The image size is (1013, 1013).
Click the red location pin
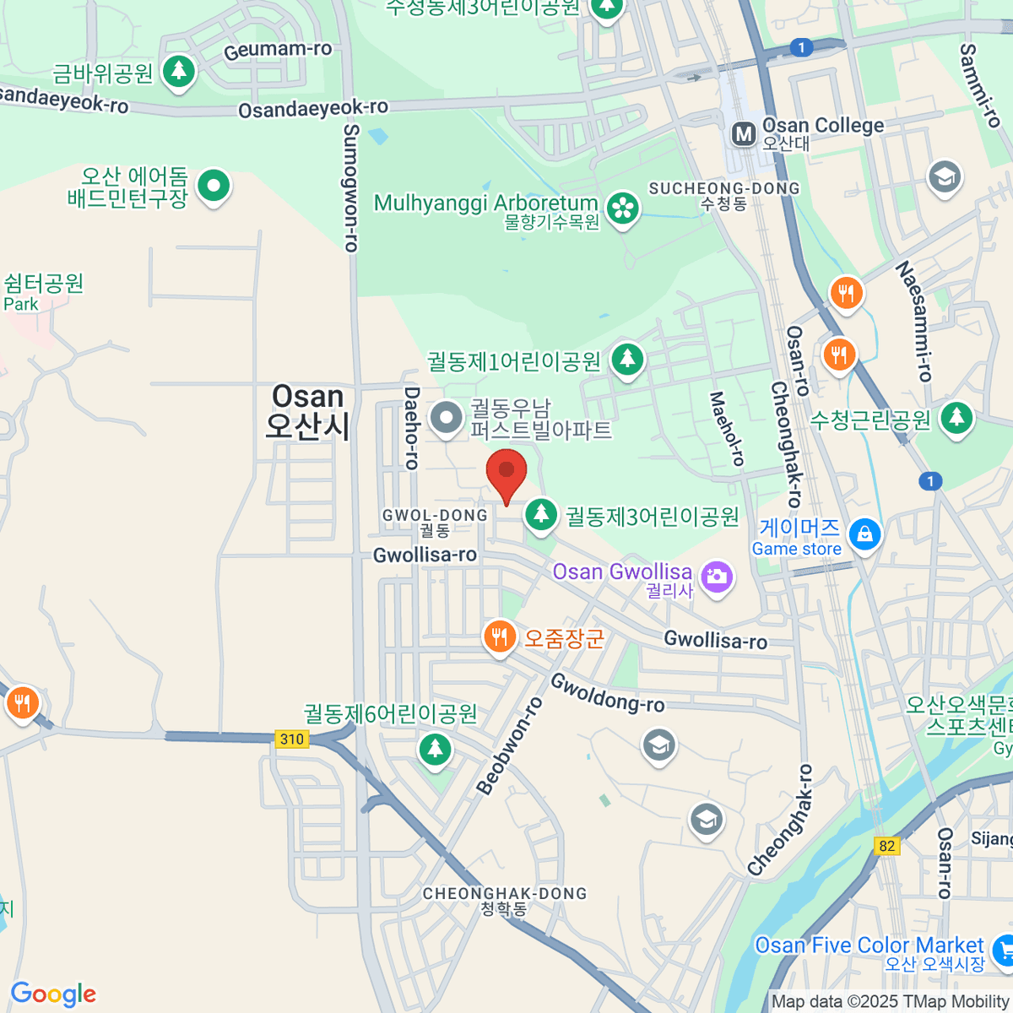506,471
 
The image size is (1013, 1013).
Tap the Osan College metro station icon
744,133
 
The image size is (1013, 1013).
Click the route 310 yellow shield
292,739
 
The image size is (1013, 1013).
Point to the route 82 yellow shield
886,846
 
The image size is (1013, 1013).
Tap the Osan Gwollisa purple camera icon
717,578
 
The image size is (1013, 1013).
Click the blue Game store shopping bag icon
864,534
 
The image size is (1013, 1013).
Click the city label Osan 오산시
307,411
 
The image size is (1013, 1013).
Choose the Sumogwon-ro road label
352,187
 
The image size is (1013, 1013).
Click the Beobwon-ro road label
509,745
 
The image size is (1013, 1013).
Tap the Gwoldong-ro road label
608,693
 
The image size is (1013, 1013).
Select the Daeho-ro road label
411,427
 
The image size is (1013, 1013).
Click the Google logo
53,994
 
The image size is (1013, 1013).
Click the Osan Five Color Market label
869,945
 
